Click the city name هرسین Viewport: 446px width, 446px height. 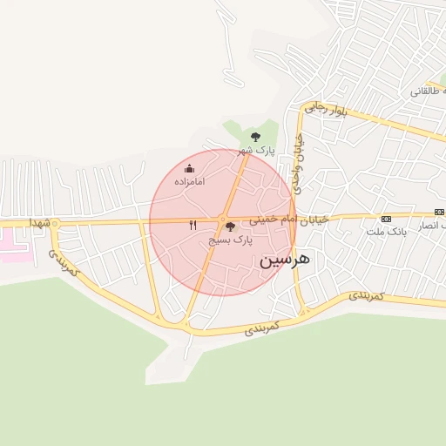[285, 259]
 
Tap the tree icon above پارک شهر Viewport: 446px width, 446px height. [255, 137]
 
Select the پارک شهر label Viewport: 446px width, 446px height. [258, 150]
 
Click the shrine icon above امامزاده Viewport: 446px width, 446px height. [190, 168]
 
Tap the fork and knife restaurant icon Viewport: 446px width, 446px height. [193, 226]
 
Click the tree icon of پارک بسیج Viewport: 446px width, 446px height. [230, 226]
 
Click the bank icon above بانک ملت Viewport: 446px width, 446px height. [387, 219]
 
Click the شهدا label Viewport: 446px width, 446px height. [40, 223]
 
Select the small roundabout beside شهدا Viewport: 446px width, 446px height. [55, 224]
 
